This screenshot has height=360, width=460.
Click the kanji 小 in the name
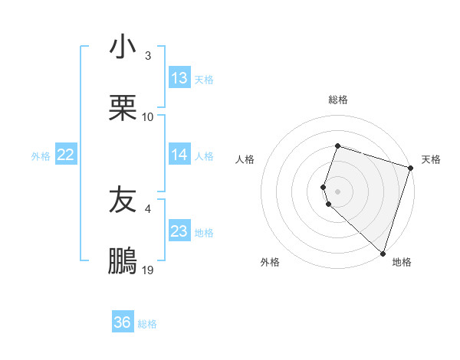123,47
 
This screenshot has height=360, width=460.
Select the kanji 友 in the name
123,201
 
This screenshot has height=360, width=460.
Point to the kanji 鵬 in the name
123,262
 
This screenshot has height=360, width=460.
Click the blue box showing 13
179,78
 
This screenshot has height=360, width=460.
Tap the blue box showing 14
179,155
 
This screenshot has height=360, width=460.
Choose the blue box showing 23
179,231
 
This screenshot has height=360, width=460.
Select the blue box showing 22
66,155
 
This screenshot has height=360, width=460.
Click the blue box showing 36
123,322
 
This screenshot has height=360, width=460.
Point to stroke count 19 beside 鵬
148,270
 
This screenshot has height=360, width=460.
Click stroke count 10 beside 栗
148,116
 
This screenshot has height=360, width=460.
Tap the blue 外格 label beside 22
41,155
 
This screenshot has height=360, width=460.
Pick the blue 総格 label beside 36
147,323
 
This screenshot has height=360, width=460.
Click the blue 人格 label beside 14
204,155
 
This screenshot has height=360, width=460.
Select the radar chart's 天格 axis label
431,159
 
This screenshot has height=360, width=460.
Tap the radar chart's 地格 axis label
402,262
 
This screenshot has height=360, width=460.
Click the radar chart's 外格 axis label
270,262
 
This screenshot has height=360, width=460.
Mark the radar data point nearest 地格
383,253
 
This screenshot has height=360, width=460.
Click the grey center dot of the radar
337,191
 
